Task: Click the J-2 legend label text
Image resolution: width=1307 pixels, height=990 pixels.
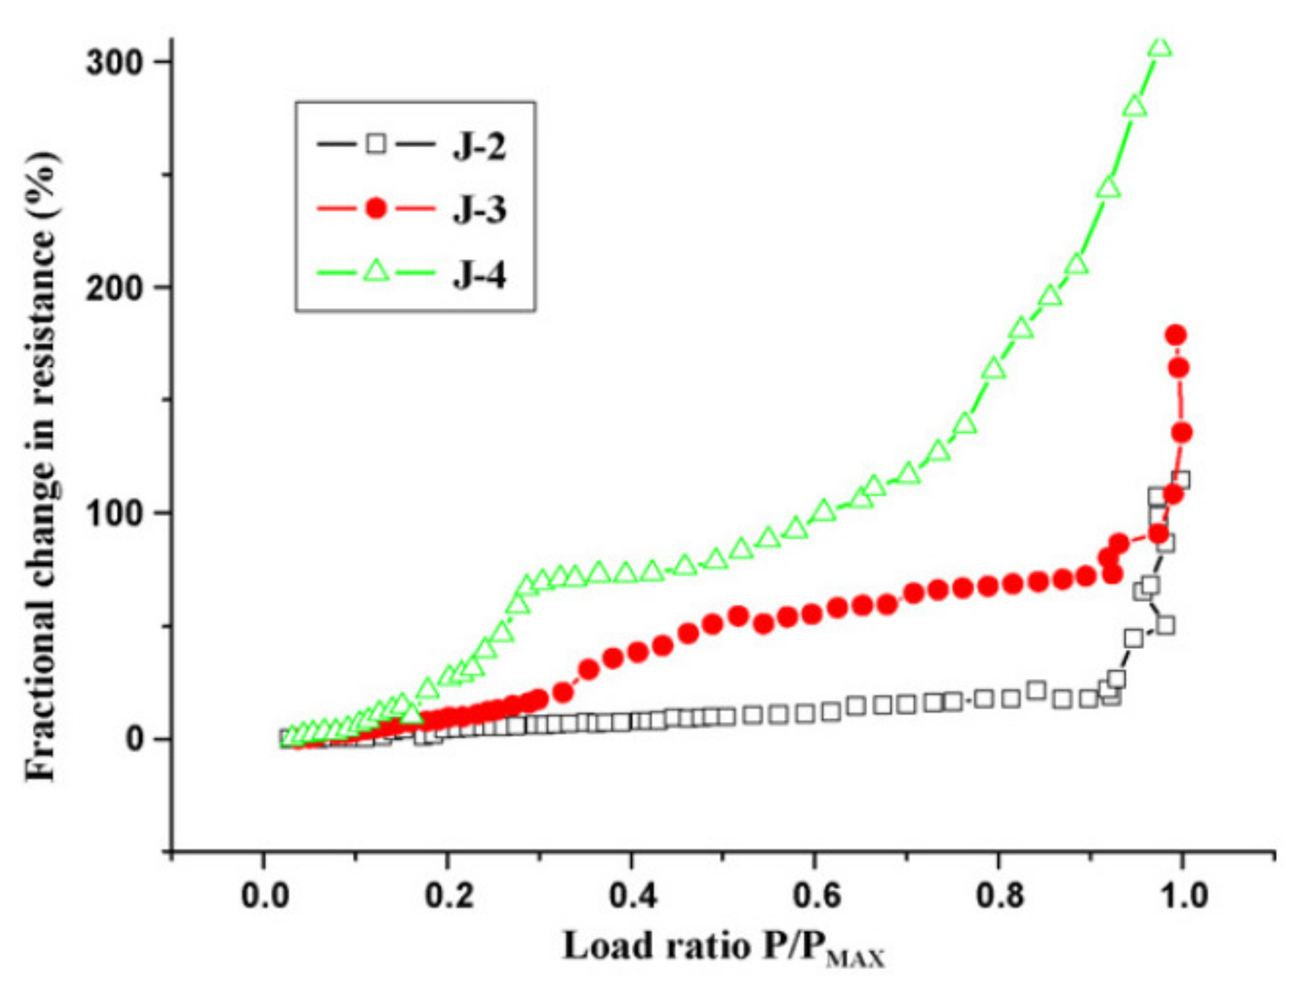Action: click(479, 146)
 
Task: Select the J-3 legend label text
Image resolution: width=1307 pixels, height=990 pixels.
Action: click(479, 210)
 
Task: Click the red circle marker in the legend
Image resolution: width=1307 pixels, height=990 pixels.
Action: click(376, 208)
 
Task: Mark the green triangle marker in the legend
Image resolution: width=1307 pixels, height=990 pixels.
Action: click(376, 271)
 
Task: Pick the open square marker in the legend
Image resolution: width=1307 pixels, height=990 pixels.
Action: click(376, 144)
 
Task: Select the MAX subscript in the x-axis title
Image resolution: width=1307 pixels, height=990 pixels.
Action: click(855, 959)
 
